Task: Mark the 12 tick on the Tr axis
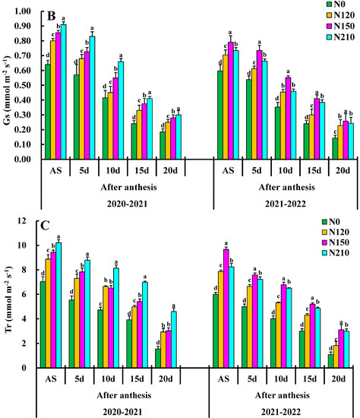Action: tap(33, 221)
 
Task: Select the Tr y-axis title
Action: tap(8, 294)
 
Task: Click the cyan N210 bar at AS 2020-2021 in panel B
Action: tap(63, 92)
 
